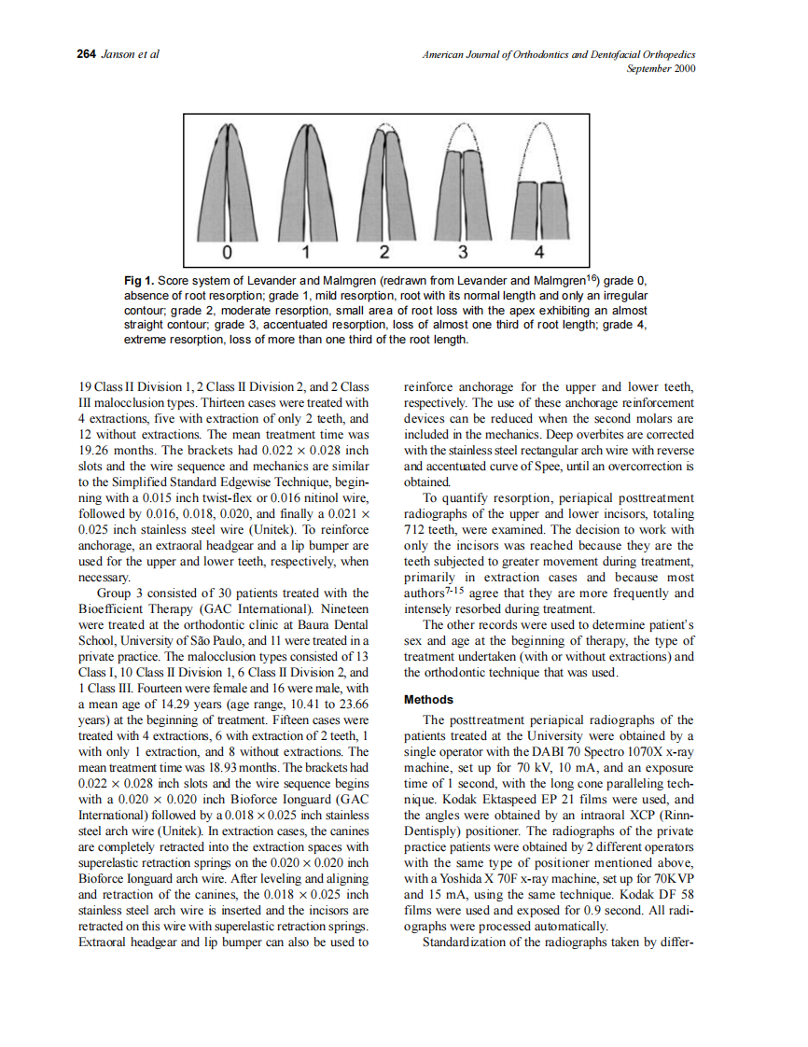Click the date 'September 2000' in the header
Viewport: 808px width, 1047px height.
(664, 69)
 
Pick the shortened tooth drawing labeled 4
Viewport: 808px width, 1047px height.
(539, 210)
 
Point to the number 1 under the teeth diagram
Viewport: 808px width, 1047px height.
(306, 253)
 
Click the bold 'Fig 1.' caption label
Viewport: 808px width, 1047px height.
(138, 281)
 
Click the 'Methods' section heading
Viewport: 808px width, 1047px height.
(428, 699)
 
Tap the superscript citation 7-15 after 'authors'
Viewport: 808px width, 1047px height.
(456, 589)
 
